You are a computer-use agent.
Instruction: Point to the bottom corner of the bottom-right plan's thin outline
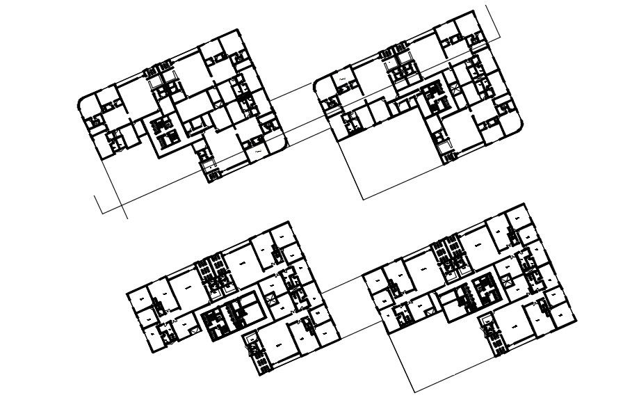coord(415,392)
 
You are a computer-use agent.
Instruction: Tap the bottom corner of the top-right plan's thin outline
coord(362,199)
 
